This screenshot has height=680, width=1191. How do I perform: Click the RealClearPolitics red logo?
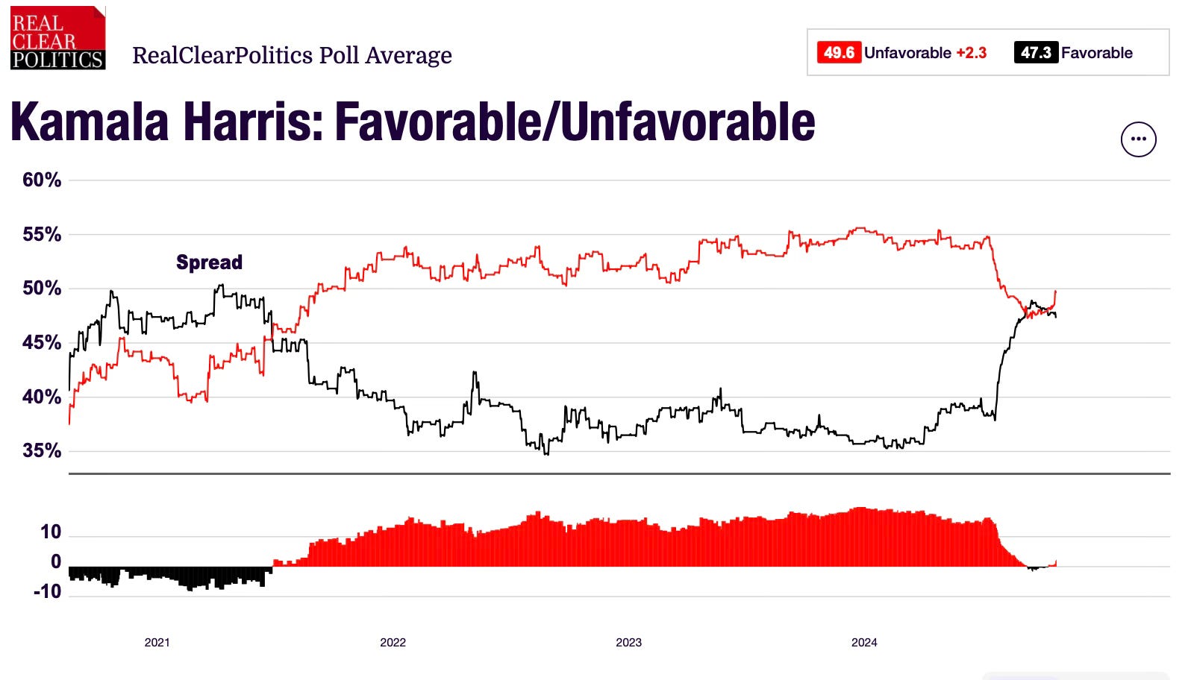57,38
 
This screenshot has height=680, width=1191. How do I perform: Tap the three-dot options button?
1138,139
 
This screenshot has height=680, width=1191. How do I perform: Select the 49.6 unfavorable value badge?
839,53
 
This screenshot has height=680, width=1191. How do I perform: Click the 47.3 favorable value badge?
1035,53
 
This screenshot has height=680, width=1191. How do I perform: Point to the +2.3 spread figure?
971,53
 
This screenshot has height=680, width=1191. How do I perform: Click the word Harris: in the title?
254,122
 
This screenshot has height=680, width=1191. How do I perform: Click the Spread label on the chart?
209,262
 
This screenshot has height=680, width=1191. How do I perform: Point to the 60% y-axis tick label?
42,180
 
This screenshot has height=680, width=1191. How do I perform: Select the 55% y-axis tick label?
42,234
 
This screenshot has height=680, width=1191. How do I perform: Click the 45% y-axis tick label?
42,342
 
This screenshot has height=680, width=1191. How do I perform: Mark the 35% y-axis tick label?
42,450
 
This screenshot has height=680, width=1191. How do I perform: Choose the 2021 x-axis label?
157,642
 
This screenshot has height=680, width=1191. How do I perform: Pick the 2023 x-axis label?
628,642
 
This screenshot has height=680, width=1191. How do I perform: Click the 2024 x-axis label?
864,642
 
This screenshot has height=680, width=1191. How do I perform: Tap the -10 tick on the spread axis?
48,591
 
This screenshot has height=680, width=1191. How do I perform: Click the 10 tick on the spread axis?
51,532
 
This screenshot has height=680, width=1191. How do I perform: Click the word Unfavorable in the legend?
907,53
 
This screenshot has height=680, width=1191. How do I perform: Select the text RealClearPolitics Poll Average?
292,55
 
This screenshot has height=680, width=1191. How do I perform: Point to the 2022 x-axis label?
393,642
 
